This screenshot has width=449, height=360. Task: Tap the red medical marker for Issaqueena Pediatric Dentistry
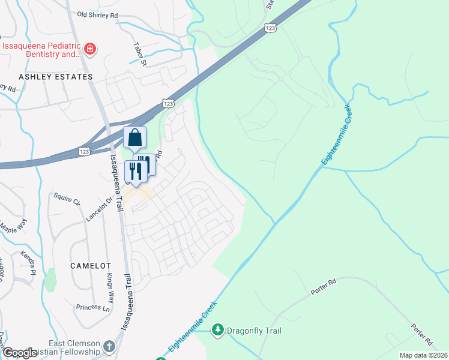[x=90, y=49]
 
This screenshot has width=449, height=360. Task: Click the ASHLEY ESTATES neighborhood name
[x=56, y=77]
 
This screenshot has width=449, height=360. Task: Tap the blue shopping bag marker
[x=135, y=138]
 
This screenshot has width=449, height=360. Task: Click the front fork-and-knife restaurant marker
[x=136, y=170]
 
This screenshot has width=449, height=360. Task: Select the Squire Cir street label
[x=67, y=199]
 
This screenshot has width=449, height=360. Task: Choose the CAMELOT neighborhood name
[x=91, y=265]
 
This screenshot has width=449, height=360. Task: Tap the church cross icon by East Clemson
[x=109, y=346]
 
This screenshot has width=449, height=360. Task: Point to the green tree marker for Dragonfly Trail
[x=219, y=330]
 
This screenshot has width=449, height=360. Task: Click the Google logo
[x=20, y=353]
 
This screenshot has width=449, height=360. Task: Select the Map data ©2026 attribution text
[x=423, y=355]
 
